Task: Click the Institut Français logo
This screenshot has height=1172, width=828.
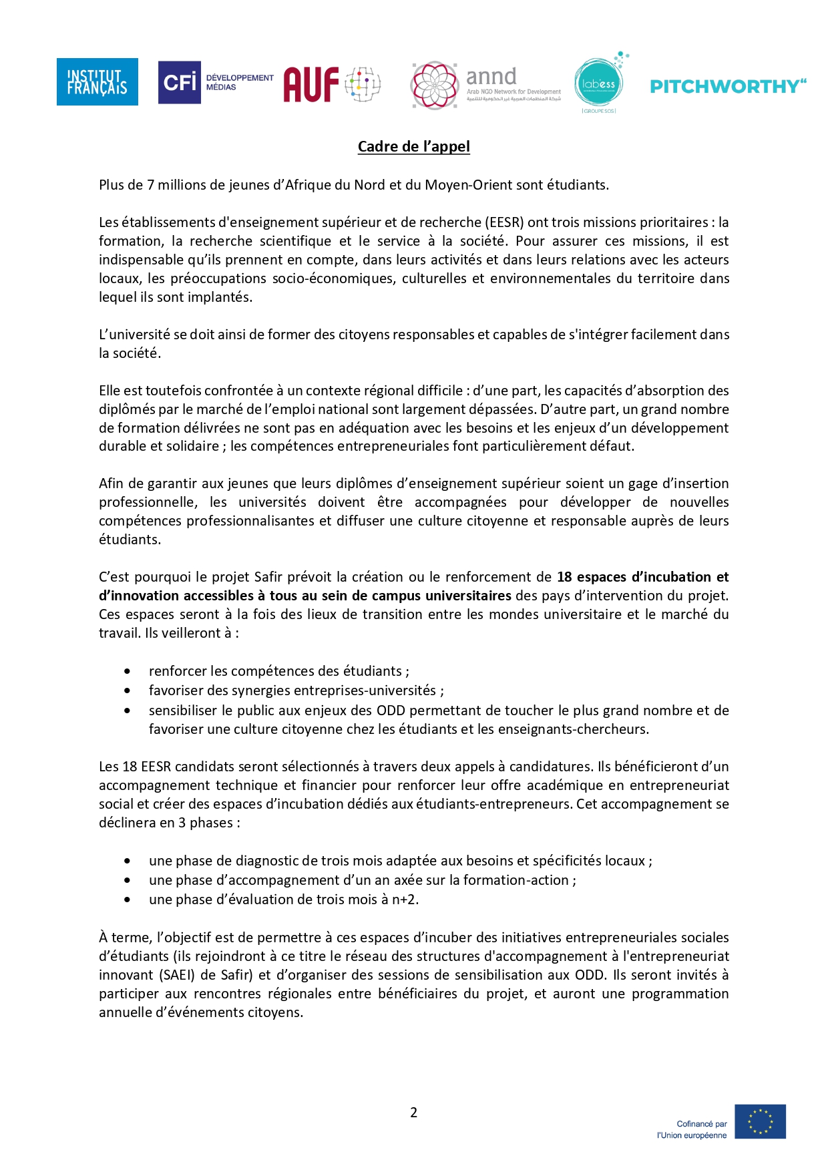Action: click(97, 82)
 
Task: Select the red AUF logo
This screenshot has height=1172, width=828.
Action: click(331, 84)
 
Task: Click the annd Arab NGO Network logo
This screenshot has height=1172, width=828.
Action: click(486, 85)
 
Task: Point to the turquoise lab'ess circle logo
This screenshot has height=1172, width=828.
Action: click(598, 83)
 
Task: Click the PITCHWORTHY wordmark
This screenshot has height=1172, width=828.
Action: click(727, 86)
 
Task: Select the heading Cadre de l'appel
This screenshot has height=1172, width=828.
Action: click(413, 146)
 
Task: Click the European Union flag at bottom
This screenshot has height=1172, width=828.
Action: click(760, 1121)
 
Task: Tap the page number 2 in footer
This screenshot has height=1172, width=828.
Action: click(413, 1112)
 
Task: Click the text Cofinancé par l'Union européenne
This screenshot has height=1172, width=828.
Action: click(692, 1129)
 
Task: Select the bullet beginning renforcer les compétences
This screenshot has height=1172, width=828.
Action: click(278, 671)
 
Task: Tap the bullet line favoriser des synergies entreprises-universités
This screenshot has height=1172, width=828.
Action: click(296, 691)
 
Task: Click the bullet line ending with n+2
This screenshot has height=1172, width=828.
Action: click(283, 900)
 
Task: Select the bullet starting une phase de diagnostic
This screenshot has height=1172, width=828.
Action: click(400, 861)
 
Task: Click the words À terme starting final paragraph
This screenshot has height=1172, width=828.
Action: click(125, 938)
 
